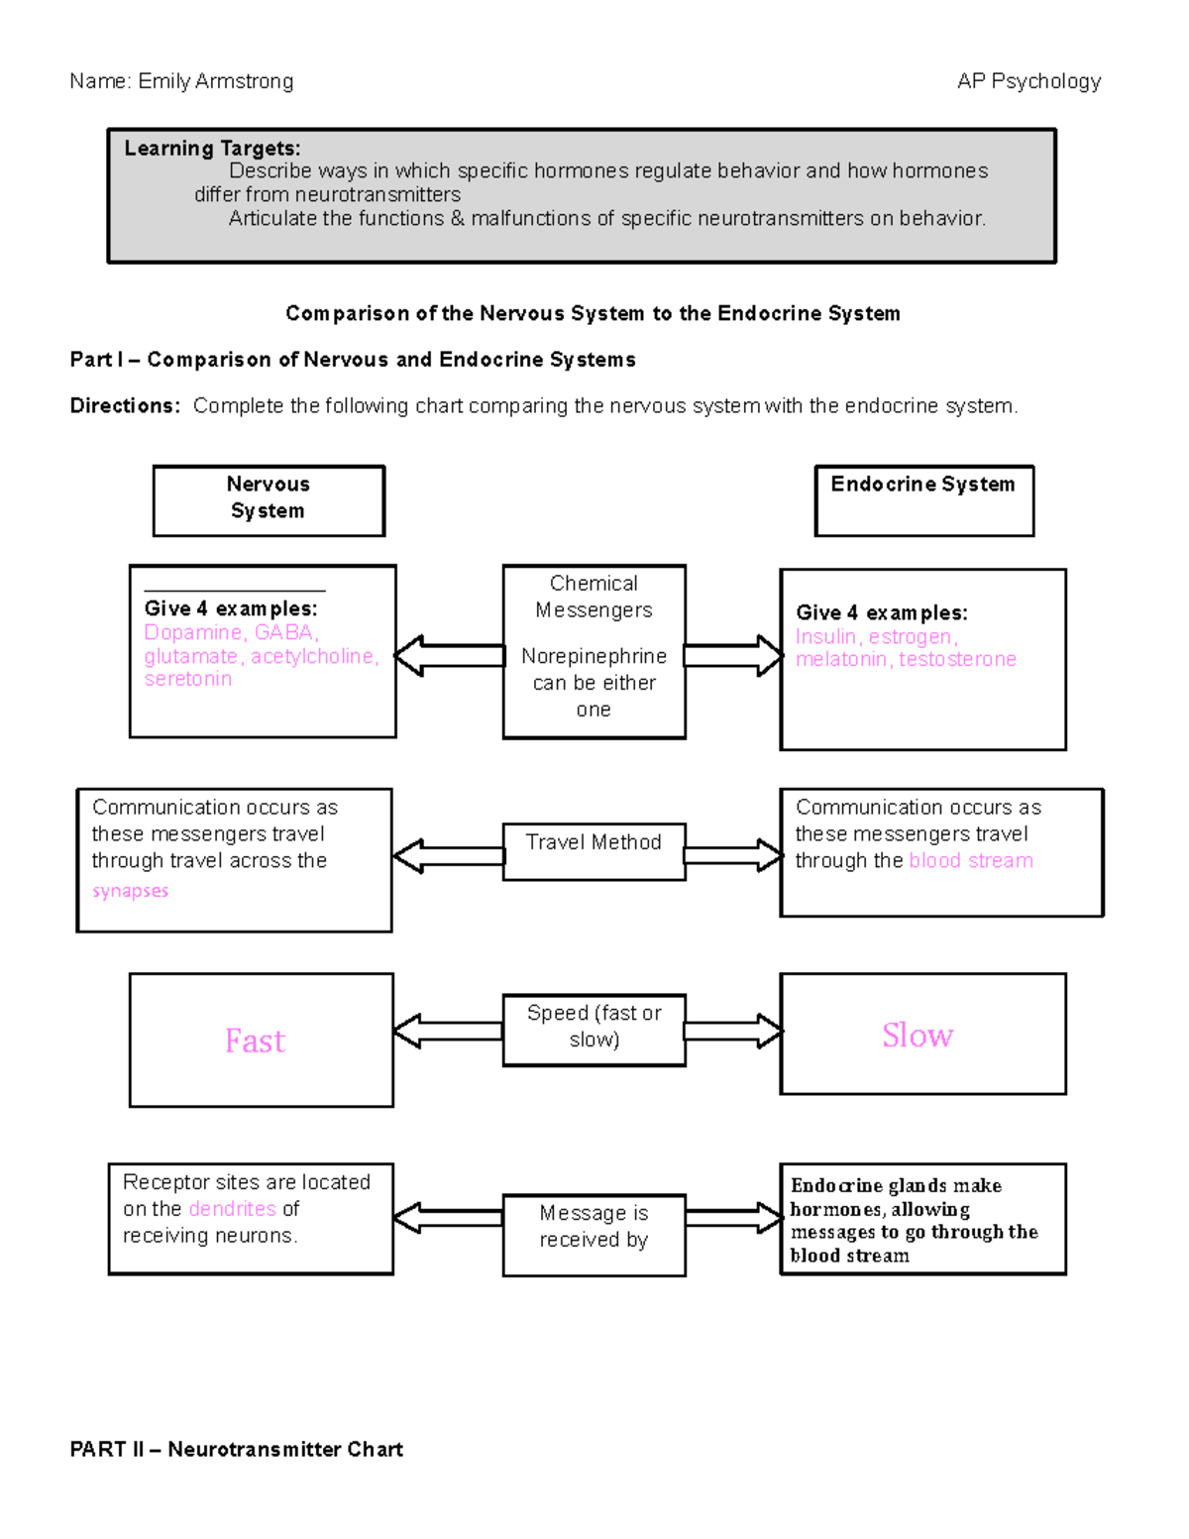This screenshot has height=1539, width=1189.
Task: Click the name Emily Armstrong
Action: click(215, 81)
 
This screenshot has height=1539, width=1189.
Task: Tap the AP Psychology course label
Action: click(1028, 81)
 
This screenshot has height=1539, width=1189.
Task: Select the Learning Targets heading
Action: click(212, 149)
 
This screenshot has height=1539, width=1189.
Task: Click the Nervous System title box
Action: click(269, 499)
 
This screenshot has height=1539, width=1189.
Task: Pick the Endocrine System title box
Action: click(923, 499)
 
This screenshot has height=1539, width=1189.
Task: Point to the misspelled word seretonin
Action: click(187, 679)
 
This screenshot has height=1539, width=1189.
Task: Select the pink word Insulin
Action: click(824, 636)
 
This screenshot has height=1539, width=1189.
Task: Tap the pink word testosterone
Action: click(957, 659)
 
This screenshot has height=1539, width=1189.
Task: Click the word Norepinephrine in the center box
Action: click(594, 656)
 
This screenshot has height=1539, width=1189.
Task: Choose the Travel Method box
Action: click(594, 850)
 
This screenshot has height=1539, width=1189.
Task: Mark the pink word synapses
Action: click(130, 891)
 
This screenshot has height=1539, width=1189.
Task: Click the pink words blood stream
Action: click(971, 860)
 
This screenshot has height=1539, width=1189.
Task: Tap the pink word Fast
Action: click(255, 1041)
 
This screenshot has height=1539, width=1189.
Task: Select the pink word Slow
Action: click(918, 1035)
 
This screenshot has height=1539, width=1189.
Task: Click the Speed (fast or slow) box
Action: click(594, 1029)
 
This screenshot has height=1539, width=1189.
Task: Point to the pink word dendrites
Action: click(232, 1209)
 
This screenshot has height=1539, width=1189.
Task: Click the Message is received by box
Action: click(594, 1234)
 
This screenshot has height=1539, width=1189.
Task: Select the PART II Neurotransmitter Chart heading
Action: click(236, 1449)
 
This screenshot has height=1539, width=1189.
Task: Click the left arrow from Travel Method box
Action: click(448, 856)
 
